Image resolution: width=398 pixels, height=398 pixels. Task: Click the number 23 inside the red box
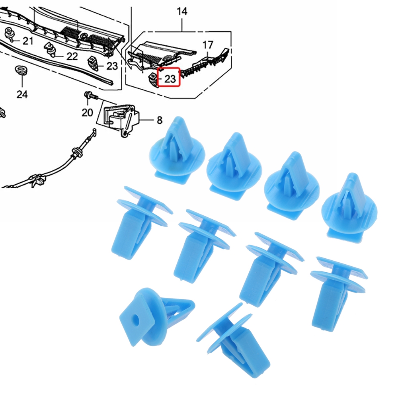click(170, 78)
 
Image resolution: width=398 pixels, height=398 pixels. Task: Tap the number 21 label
click(28, 40)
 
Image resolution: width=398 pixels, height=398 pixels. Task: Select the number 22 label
click(72, 56)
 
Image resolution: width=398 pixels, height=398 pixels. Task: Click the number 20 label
click(87, 113)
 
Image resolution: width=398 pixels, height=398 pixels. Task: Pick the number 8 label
click(159, 119)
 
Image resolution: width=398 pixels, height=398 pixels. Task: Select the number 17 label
click(208, 45)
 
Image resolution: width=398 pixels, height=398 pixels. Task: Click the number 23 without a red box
click(112, 66)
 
